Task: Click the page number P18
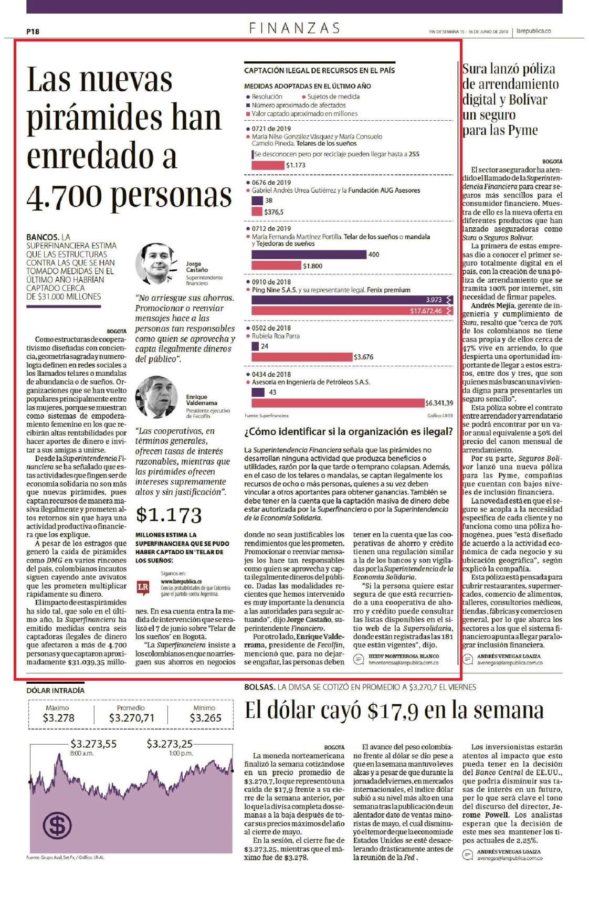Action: click(33, 31)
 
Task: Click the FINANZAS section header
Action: click(294, 28)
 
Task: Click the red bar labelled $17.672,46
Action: click(352, 311)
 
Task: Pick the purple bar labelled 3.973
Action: click(352, 300)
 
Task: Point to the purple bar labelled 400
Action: click(309, 255)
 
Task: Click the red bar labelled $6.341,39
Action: click(338, 403)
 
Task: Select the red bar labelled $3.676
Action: click(302, 357)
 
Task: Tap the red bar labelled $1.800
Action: click(277, 266)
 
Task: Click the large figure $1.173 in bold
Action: click(169, 515)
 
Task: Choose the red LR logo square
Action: click(143, 588)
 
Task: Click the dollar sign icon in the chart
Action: click(57, 826)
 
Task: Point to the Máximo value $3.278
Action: click(58, 718)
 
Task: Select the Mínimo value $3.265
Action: click(205, 718)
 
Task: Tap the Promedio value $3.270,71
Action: click(132, 718)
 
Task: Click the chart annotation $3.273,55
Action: click(93, 744)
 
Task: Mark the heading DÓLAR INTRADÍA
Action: click(55, 691)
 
